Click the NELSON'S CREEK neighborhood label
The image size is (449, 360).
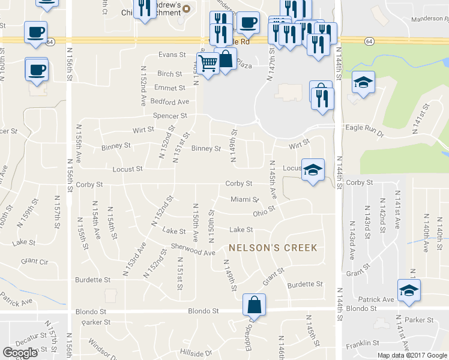point(272,247)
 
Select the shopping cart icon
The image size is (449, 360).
point(208,64)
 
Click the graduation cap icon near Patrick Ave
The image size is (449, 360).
point(409,291)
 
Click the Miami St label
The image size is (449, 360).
point(244,199)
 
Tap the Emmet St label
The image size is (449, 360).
point(166,88)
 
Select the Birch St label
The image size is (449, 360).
point(170,74)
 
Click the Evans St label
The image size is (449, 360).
point(172,55)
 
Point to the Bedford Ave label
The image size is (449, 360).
point(170,101)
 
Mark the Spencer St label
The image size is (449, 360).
point(170,115)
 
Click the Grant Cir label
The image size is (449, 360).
point(34,261)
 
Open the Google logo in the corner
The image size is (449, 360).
point(20,352)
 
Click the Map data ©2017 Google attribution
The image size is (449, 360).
point(412,355)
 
